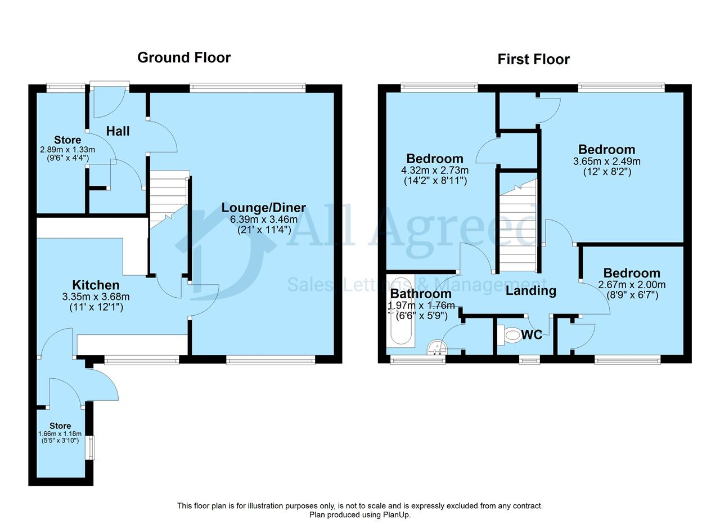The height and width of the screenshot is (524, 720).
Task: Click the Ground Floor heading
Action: pyautogui.click(x=184, y=58)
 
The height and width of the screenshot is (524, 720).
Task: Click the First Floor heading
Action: pyautogui.click(x=534, y=60)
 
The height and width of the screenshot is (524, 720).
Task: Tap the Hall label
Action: pyautogui.click(x=118, y=131)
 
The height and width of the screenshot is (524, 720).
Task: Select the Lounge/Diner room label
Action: pyautogui.click(x=264, y=208)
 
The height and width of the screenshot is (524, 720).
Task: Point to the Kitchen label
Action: pyautogui.click(x=96, y=285)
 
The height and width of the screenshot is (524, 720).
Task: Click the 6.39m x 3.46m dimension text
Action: pyautogui.click(x=264, y=220)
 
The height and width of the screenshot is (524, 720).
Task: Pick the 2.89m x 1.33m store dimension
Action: pyautogui.click(x=67, y=150)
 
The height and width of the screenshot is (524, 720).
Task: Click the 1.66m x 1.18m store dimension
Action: pyautogui.click(x=60, y=433)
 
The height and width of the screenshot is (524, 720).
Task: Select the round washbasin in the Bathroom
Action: pyautogui.click(x=437, y=347)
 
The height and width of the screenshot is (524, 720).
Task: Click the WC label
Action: pyautogui.click(x=532, y=335)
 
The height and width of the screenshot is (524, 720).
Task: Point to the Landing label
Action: pyautogui.click(x=531, y=291)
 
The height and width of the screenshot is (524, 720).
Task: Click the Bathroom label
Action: pyautogui.click(x=421, y=294)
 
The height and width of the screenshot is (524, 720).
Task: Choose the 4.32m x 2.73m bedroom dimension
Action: pyautogui.click(x=435, y=170)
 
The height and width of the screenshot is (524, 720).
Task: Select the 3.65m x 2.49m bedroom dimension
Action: pyautogui.click(x=607, y=161)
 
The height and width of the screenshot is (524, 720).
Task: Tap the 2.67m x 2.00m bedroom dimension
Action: pyautogui.click(x=632, y=285)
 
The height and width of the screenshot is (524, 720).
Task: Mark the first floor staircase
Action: pyautogui.click(x=518, y=226)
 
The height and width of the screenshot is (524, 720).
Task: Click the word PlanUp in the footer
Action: pyautogui.click(x=397, y=515)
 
